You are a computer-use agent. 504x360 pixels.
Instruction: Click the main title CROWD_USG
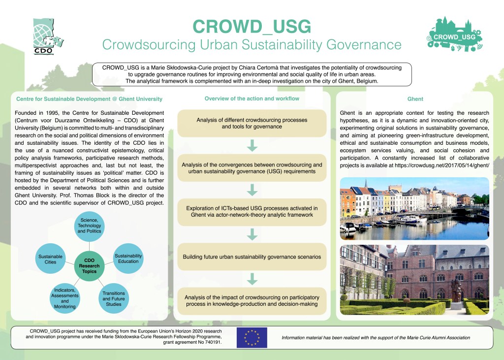pyautogui.click(x=252, y=26)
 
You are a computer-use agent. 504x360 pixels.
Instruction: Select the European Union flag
pyautogui.click(x=252, y=338)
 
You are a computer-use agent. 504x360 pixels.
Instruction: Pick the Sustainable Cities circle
pyautogui.click(x=51, y=260)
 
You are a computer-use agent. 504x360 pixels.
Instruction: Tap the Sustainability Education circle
pyautogui.click(x=128, y=259)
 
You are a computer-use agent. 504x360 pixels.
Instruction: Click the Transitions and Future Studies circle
pyautogui.click(x=113, y=297)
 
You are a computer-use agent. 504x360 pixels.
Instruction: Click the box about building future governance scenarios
pyautogui.click(x=252, y=257)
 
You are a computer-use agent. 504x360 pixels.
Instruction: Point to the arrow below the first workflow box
pyautogui.click(x=252, y=146)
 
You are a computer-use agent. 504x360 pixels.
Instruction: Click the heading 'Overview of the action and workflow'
pyautogui.click(x=252, y=99)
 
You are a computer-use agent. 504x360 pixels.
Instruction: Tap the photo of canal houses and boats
pyautogui.click(x=414, y=208)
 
